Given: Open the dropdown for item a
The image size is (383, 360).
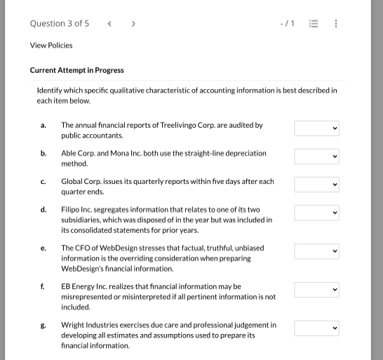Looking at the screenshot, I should point(316,128).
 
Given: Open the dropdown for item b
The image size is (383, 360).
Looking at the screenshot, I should point(316,156).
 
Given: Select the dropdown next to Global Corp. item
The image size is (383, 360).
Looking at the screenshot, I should point(316,185).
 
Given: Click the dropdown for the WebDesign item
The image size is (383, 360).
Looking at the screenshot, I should point(316,251).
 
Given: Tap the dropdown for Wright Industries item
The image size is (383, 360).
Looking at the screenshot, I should point(316,328).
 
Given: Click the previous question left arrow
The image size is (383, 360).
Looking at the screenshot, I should point(109,24).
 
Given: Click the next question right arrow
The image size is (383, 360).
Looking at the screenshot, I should point(133,24).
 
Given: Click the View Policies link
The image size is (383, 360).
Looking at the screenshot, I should point(51,46).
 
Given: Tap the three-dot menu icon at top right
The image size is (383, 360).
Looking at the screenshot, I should point(336,24).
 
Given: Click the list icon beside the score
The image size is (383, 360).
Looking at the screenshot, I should point(314,24).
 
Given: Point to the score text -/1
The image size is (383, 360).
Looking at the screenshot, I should point(287,24).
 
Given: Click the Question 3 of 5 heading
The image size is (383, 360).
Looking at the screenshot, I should point(60,24).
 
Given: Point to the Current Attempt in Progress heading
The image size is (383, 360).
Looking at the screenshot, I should point(77,70).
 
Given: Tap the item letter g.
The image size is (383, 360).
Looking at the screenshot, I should point(43,325).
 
